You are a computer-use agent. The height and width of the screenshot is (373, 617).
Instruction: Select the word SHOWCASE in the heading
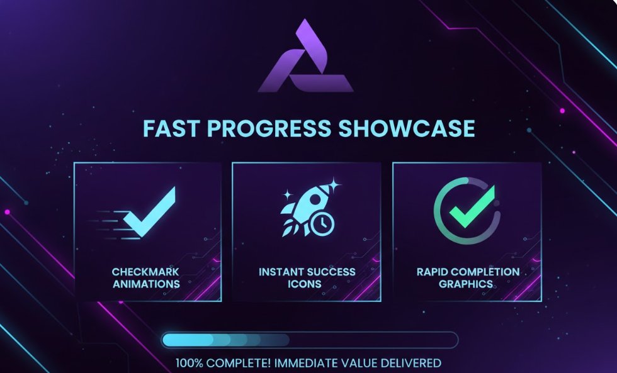click(x=407, y=128)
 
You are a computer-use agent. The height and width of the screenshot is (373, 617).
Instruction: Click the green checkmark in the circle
click(x=472, y=206)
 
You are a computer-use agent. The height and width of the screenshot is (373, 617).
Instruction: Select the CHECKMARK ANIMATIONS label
click(x=146, y=278)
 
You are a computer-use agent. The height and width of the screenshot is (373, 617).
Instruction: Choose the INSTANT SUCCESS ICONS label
click(x=307, y=278)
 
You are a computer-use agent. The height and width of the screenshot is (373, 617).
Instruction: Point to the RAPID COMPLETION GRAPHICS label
click(x=468, y=278)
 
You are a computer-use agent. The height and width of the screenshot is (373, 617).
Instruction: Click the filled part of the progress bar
click(x=225, y=340)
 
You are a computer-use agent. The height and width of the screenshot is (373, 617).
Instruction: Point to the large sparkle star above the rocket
click(x=334, y=184)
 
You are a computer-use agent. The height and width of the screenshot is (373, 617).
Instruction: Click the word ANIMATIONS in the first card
click(x=146, y=284)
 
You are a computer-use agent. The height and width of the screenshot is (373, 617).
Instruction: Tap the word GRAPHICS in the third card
click(x=466, y=284)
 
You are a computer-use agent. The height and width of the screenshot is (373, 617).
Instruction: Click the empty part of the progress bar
click(x=374, y=340)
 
